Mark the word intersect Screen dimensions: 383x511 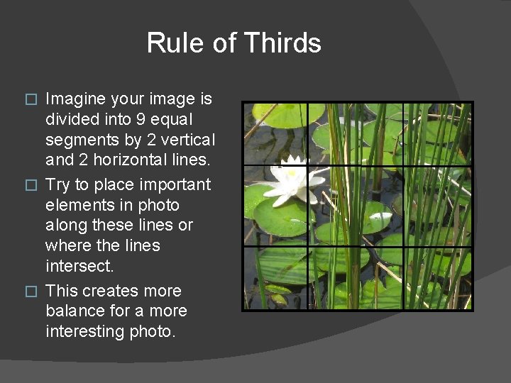(x=78, y=266)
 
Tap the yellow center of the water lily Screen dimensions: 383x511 (x=292, y=173)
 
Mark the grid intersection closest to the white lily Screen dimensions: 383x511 (x=307, y=165)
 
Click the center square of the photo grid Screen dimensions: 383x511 (x=355, y=206)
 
